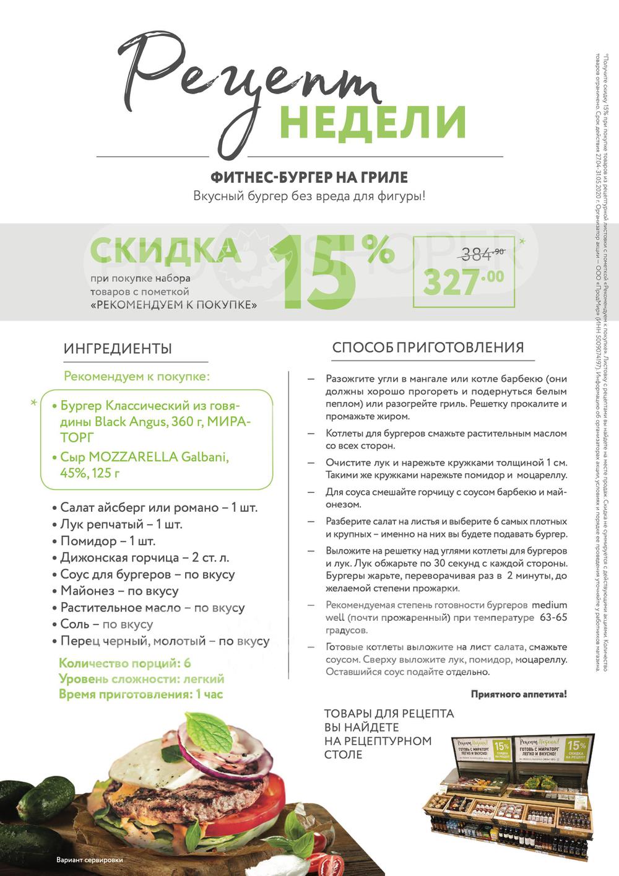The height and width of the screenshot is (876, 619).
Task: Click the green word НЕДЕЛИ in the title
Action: point(372,121)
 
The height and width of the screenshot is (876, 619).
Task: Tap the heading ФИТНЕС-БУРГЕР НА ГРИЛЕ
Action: point(309,177)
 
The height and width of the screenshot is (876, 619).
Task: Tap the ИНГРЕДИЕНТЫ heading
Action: point(118,349)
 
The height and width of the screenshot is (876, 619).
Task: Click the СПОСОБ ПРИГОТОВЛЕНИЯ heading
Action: point(428,348)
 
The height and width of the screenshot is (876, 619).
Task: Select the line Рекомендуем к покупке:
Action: point(137,376)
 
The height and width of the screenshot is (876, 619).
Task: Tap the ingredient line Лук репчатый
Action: point(121,524)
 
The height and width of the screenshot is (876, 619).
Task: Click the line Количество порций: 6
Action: point(124,663)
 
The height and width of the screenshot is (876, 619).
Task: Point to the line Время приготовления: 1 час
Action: point(141,694)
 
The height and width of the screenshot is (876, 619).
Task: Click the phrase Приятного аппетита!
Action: point(518,694)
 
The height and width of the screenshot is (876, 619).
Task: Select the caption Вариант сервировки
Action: point(90,860)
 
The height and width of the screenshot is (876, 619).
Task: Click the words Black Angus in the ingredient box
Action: point(129,422)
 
